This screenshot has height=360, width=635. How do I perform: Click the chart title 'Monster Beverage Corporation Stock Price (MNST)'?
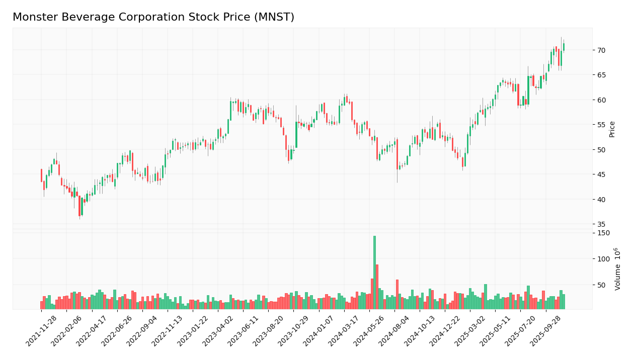point(153,18)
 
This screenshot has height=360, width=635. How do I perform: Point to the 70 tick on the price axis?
point(602,50)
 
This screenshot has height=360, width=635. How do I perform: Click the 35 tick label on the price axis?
point(602,224)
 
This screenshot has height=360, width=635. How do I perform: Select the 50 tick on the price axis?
point(602,150)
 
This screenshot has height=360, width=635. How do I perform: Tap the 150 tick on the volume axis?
point(603,233)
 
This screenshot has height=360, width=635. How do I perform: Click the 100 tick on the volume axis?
point(603,259)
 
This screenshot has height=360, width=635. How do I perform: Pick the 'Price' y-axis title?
point(612,129)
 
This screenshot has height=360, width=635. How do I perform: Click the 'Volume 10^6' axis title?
point(617,268)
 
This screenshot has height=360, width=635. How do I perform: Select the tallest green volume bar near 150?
point(374,272)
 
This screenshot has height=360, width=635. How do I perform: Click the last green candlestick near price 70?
point(564,47)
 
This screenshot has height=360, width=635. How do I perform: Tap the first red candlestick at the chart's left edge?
point(41,175)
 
